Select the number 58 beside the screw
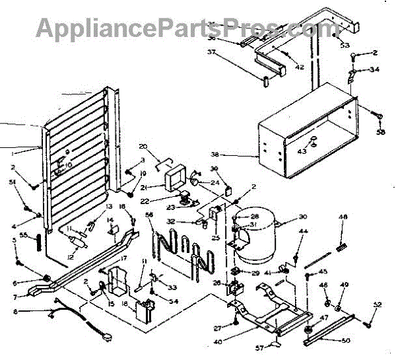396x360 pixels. (381, 132)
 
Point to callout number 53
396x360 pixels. (345, 45)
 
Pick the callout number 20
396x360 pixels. (144, 146)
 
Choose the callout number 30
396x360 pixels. (303, 217)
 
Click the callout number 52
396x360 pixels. (377, 305)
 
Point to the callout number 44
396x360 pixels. (303, 231)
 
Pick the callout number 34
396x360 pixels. (375, 69)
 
